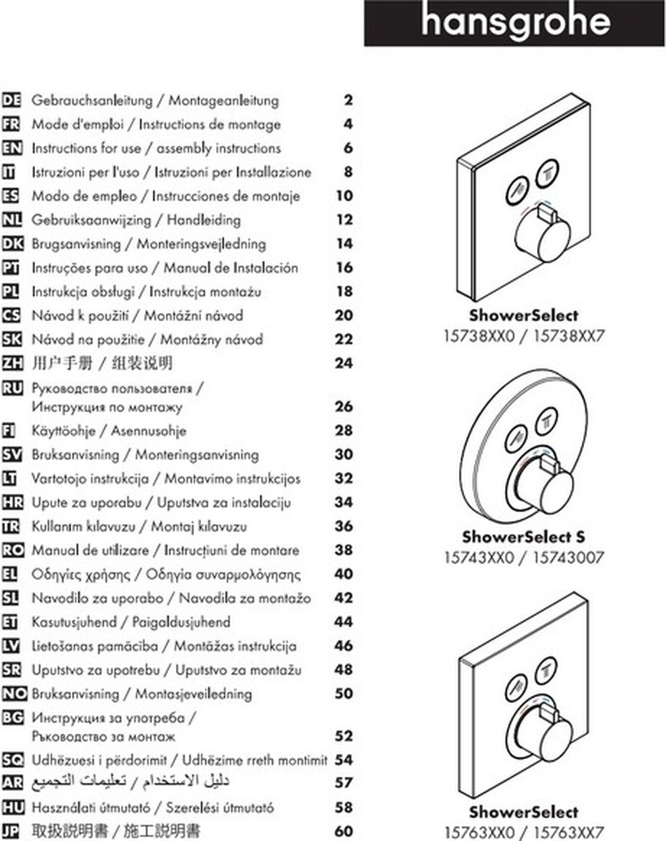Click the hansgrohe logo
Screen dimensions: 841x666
(515, 23)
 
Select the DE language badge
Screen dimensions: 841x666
(13, 100)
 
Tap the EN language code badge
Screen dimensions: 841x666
(13, 148)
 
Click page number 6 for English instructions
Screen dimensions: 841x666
(348, 148)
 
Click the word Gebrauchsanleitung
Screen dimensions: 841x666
(93, 100)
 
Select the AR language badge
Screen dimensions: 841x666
(13, 782)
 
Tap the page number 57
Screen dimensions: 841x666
(344, 782)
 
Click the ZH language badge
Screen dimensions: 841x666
(13, 363)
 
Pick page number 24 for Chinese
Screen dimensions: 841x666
(344, 363)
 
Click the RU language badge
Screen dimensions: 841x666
(13, 387)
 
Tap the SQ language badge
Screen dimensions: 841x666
(13, 760)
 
